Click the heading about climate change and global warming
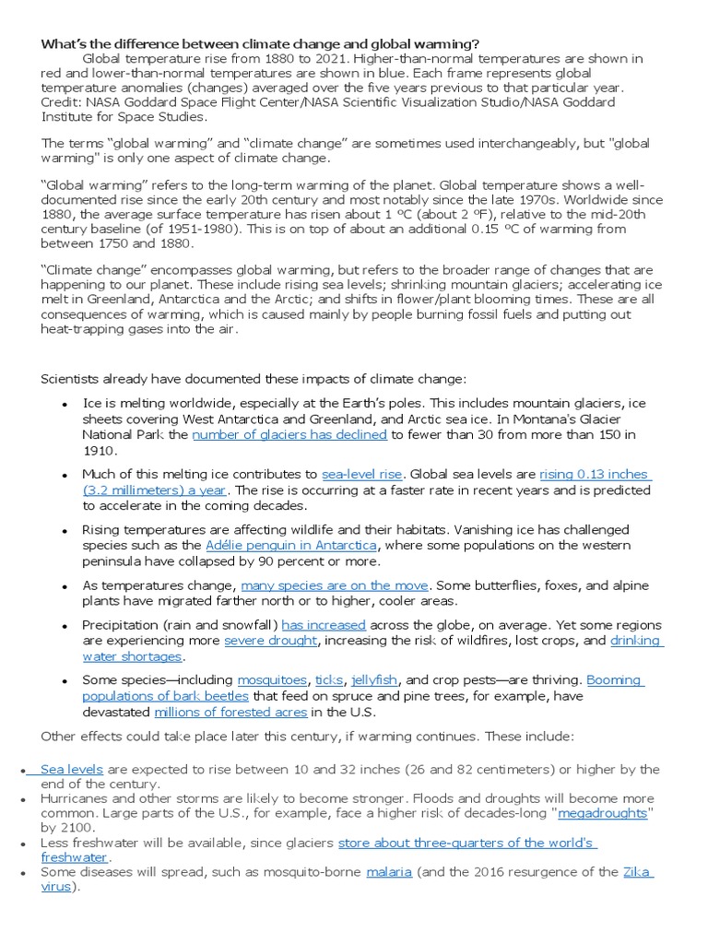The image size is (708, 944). pos(260,44)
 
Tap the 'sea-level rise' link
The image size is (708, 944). pos(361,474)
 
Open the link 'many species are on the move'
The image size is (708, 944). pos(335,585)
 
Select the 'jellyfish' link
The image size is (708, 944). pos(373,680)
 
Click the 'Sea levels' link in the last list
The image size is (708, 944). pos(71,769)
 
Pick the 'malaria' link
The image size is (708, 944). pos(389,872)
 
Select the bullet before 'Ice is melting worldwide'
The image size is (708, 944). pos(65,405)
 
